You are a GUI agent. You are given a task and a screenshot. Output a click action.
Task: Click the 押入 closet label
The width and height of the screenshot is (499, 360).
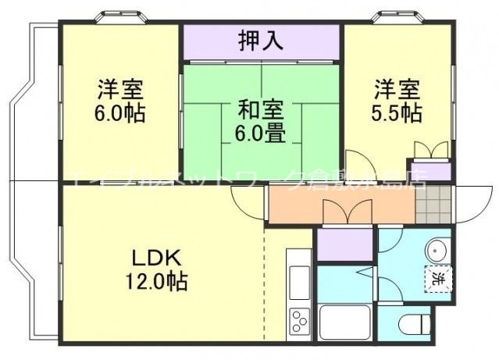(x=262, y=41)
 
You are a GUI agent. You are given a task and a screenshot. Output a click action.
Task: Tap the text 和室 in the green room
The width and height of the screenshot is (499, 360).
(x=262, y=107)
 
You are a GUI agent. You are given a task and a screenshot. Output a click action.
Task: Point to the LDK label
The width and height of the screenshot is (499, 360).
(x=155, y=258)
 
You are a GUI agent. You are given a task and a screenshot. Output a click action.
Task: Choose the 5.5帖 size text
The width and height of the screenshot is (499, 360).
(x=397, y=112)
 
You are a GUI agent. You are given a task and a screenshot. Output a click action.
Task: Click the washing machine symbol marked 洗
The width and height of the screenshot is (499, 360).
(x=438, y=278)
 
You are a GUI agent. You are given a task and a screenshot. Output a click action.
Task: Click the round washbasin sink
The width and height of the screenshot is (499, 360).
(x=436, y=250)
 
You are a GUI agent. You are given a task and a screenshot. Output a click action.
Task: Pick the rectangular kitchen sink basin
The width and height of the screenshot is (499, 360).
(x=299, y=280)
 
